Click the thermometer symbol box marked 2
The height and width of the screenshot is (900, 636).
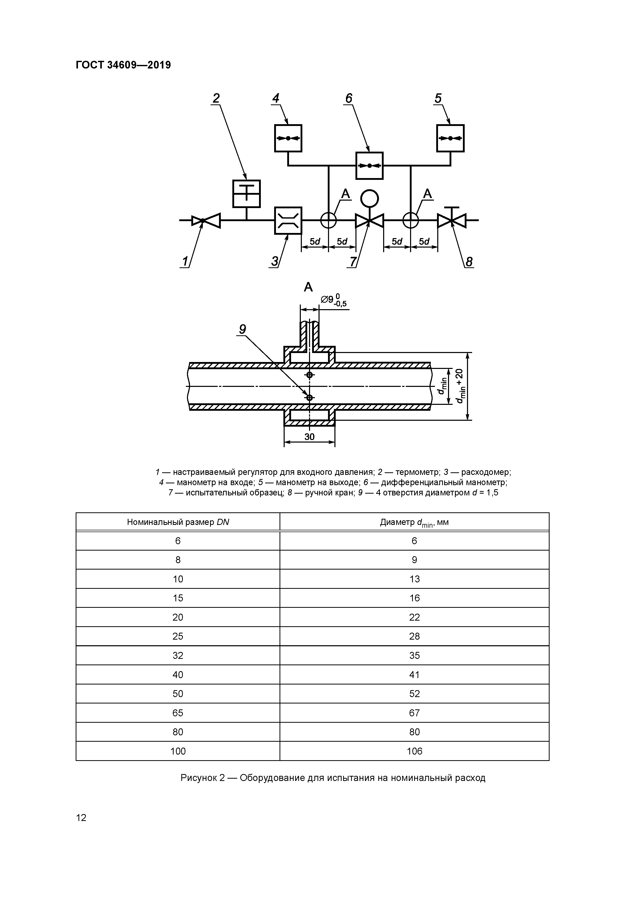pos(246,194)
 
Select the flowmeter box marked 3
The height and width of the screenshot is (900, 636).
pos(288,220)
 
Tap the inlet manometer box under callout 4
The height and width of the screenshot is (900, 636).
pos(288,138)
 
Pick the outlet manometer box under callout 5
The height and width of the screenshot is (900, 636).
pos(450,138)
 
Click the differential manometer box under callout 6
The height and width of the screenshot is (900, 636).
pos(369,165)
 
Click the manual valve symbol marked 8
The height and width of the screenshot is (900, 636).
pos(451,221)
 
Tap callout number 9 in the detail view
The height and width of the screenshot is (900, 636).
pos(243,329)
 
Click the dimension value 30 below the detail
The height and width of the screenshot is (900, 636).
pos(309,437)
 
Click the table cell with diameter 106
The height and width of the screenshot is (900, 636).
pos(414,751)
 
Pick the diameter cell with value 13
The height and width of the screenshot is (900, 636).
pos(414,579)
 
